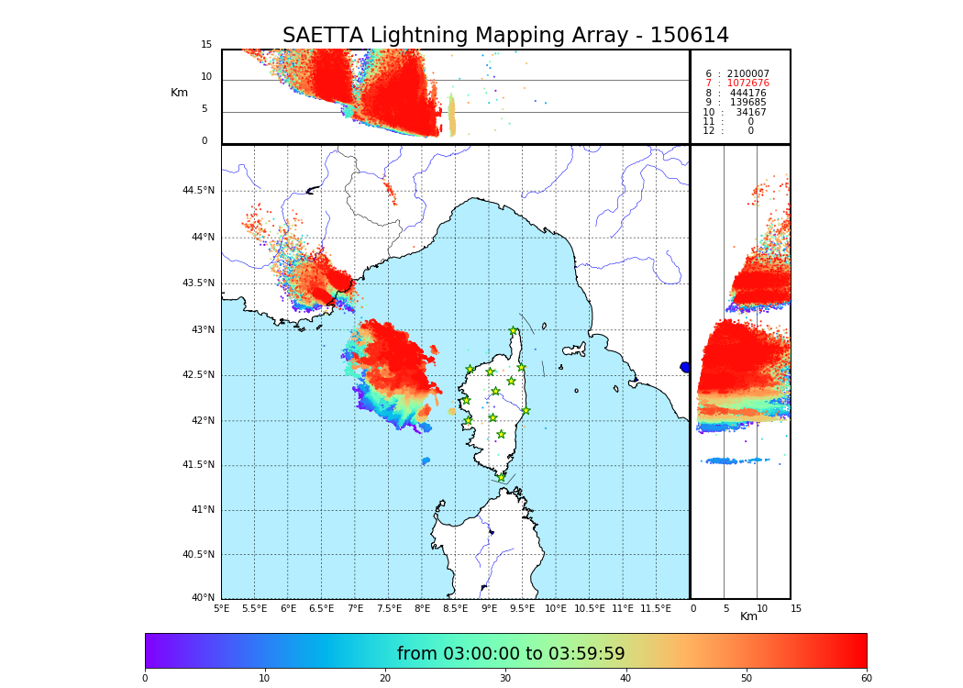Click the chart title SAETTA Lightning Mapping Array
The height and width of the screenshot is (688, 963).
pos(505,36)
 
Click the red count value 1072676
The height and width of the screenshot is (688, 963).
pos(747,83)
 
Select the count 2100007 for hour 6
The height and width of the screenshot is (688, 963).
pos(747,74)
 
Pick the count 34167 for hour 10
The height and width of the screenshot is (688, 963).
pos(750,113)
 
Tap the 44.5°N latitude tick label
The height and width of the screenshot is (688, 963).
pos(198,191)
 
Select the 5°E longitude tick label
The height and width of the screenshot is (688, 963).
pos(222,608)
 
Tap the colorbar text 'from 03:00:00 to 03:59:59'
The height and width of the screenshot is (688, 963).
pos(511,654)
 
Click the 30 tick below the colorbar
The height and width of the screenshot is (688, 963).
pos(505,679)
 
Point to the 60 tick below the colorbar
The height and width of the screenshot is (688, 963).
pos(866,679)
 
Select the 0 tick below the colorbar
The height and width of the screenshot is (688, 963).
pos(145,679)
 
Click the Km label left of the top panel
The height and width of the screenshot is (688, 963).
pos(179,93)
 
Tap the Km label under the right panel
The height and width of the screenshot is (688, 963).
pos(749,616)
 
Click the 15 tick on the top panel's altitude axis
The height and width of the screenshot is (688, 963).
pos(206,45)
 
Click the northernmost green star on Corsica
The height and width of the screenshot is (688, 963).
pos(514,331)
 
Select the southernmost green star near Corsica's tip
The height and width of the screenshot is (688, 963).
pos(501,477)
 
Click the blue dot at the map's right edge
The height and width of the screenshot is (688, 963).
pos(685,367)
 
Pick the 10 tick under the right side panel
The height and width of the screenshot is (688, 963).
pos(762,608)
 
